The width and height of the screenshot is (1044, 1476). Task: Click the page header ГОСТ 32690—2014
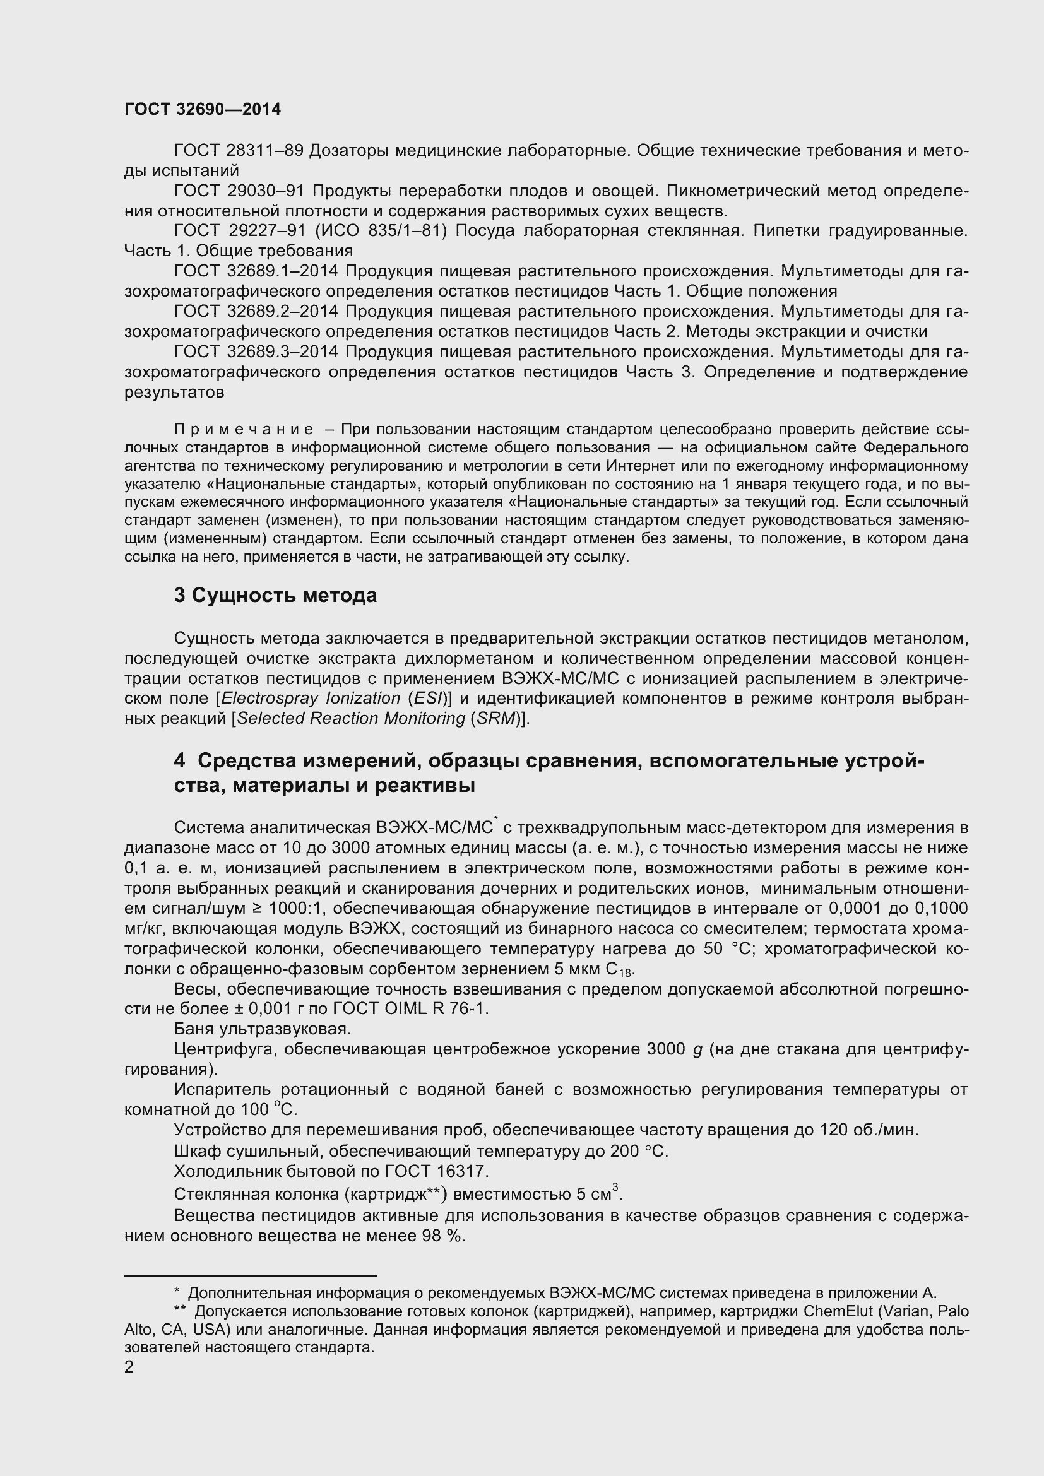coord(203,109)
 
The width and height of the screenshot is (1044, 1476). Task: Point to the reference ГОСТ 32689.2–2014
coord(256,311)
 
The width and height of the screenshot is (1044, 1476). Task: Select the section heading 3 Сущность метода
coord(275,595)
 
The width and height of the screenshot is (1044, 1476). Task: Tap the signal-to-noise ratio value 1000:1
coord(295,908)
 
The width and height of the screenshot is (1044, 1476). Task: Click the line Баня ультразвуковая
coord(263,1029)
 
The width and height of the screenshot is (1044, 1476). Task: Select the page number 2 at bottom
coord(129,1367)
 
